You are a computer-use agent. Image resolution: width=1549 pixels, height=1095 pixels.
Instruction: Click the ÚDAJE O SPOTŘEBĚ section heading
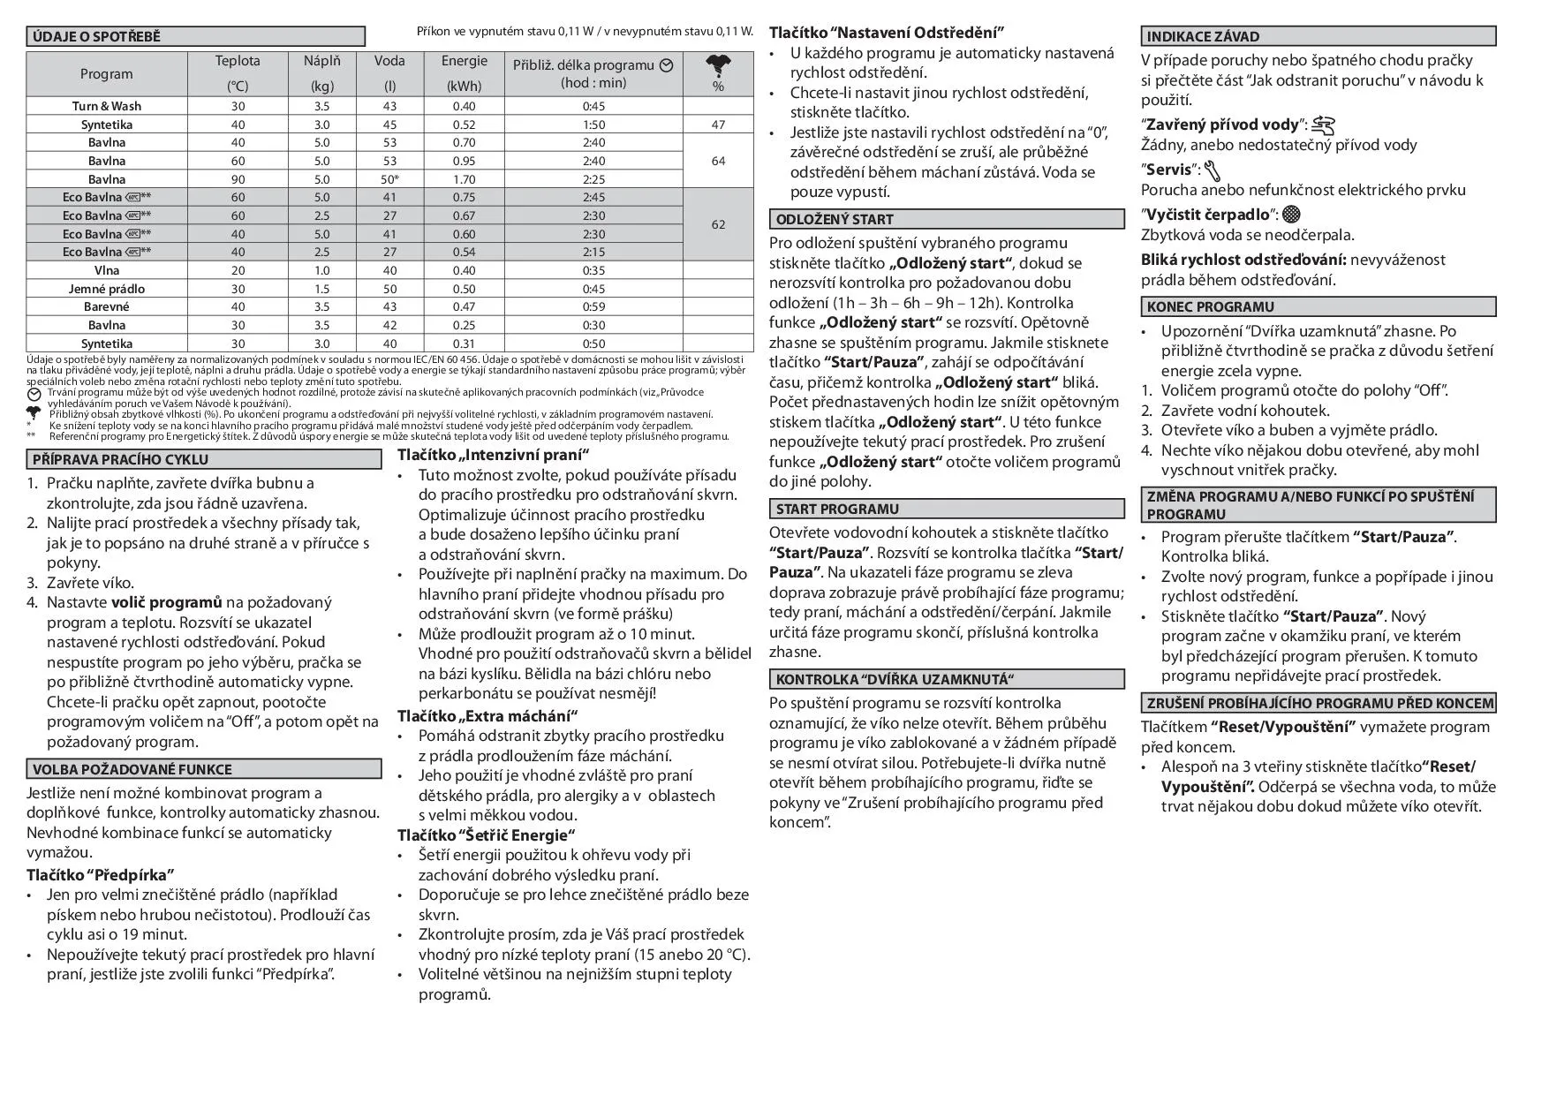(x=97, y=37)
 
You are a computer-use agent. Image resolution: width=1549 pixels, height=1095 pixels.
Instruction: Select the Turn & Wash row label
(x=107, y=106)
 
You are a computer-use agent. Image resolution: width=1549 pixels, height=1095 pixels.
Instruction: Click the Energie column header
(x=464, y=61)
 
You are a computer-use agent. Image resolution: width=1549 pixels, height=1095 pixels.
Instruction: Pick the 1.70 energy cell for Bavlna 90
(x=464, y=179)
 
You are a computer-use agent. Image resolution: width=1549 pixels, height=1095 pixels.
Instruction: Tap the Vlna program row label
(x=107, y=270)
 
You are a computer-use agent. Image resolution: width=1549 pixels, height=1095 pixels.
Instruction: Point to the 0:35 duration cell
(x=593, y=270)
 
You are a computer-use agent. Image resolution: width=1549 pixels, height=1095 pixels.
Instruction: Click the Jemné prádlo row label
(x=107, y=289)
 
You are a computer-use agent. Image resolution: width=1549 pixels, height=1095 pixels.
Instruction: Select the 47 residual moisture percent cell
(x=718, y=125)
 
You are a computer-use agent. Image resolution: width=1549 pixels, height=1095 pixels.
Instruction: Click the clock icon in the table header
(x=667, y=65)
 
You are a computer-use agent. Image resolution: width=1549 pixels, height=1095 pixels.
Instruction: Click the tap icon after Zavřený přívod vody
(x=1323, y=125)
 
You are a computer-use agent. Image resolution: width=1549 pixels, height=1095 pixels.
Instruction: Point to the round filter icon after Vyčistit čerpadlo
(x=1291, y=214)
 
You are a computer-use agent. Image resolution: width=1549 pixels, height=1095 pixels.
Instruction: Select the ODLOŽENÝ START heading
(x=835, y=220)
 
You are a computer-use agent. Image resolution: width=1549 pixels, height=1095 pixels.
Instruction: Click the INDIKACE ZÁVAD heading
(x=1203, y=37)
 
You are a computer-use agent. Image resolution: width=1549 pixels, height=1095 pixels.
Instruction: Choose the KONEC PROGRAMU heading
(x=1210, y=307)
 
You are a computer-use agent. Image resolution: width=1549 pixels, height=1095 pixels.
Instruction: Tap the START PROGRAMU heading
(x=837, y=510)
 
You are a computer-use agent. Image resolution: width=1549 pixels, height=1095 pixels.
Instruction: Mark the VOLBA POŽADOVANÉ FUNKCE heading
(x=132, y=770)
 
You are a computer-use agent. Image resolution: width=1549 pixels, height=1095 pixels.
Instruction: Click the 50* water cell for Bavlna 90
(x=389, y=179)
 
